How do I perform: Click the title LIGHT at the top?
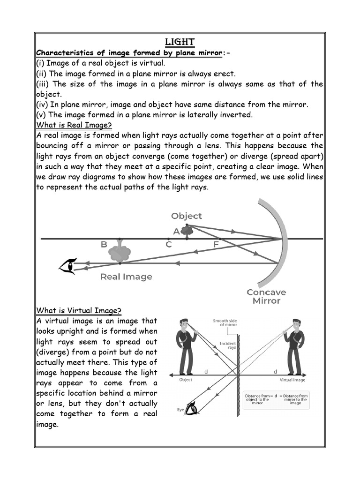tap(180, 42)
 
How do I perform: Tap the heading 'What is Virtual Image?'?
tap(79, 310)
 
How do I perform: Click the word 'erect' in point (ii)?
tap(223, 74)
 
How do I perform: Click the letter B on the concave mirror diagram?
tap(104, 244)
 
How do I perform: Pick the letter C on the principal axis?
tap(169, 244)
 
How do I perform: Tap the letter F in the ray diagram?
tap(216, 244)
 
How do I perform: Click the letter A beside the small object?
tap(176, 231)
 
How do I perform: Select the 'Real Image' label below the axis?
tap(126, 277)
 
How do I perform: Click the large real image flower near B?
tap(120, 252)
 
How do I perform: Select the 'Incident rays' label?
tap(228, 346)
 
